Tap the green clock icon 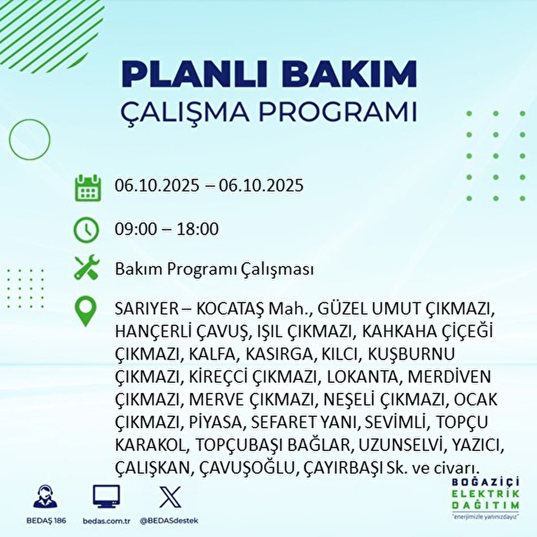(86, 230)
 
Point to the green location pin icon (86, 312)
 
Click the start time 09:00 (136, 229)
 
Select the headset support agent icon (45, 497)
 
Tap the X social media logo (170, 497)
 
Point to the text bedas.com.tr (107, 521)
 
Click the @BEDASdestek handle (169, 521)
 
